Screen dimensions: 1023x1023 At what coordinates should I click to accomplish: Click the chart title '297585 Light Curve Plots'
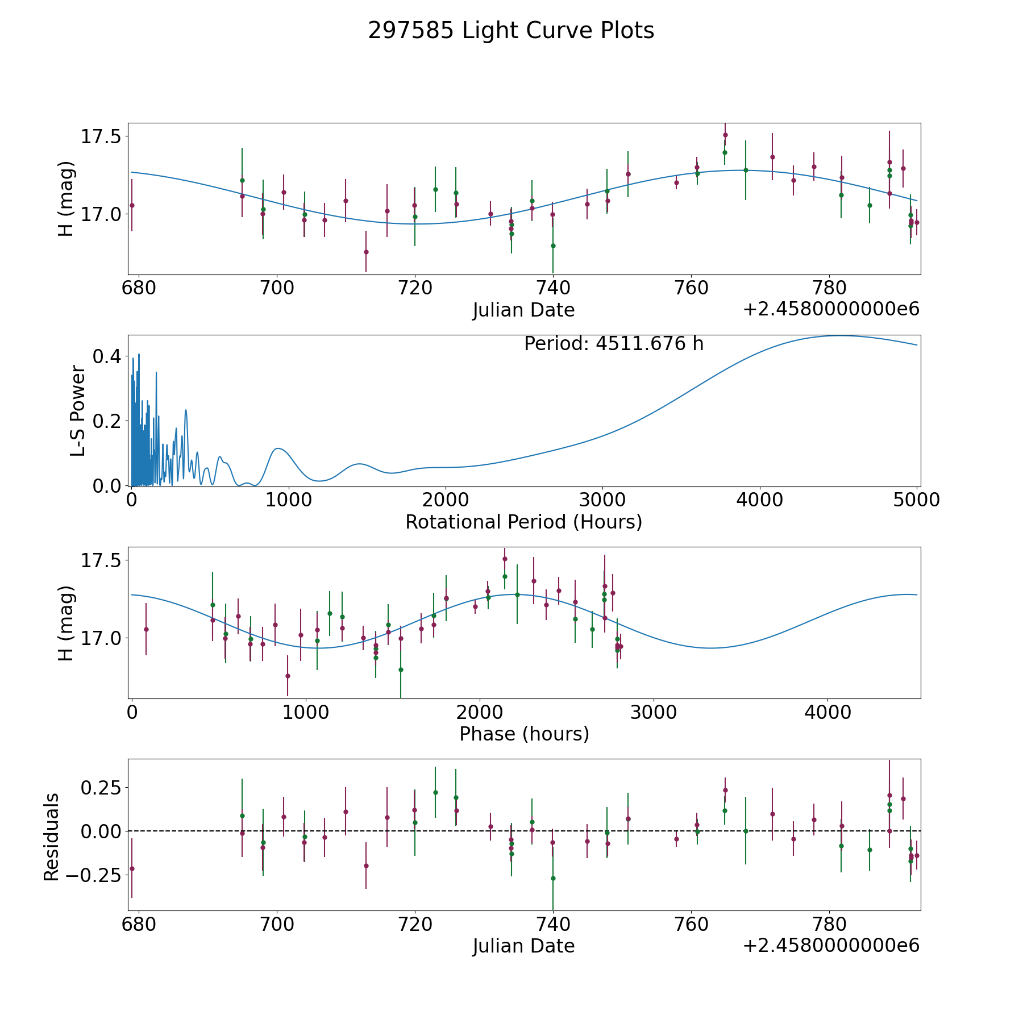511,31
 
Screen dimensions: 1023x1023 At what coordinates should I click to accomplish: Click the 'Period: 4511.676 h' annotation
614,344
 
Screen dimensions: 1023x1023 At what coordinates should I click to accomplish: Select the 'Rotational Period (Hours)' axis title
523,522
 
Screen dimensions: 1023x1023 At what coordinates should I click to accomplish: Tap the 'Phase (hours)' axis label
524,734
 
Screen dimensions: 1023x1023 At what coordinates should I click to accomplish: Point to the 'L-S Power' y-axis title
78,410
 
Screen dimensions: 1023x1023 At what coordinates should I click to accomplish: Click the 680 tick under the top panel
139,288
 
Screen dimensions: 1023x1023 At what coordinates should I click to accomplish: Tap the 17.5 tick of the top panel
101,137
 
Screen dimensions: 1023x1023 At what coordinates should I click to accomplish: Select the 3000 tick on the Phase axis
654,712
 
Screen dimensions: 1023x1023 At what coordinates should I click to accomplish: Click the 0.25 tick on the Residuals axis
101,788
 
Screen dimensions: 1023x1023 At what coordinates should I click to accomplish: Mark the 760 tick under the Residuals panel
691,925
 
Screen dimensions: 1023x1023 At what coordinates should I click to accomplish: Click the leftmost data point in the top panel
132,205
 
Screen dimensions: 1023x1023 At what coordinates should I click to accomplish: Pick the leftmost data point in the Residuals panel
132,868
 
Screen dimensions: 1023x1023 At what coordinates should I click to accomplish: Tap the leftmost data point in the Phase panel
146,629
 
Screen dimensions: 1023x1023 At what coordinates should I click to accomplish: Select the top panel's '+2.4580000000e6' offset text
831,309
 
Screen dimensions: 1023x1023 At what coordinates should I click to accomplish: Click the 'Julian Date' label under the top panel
523,310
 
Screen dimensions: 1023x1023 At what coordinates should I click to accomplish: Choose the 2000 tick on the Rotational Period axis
446,500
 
